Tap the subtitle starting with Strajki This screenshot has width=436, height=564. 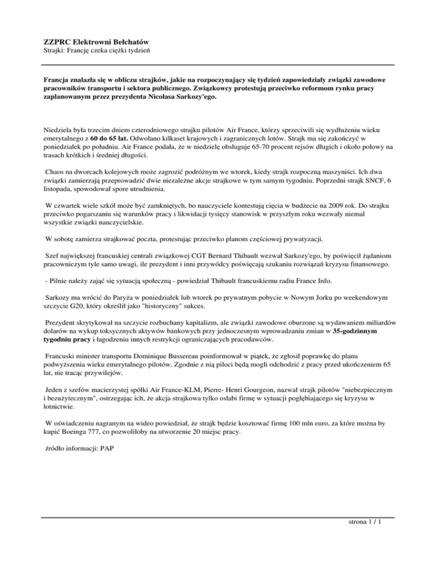[x=97, y=52]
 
